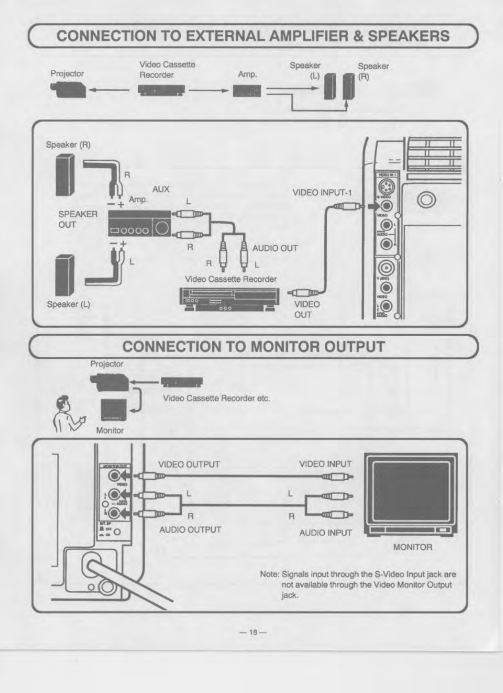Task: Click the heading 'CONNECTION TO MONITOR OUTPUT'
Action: coord(253,346)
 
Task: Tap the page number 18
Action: coord(253,632)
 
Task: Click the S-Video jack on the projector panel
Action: coord(386,188)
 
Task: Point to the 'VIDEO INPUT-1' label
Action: coord(322,193)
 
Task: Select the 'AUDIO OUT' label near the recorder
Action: coord(275,248)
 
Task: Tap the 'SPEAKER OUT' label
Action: coord(78,219)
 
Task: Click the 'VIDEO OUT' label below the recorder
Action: coord(307,309)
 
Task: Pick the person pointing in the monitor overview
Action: coord(66,413)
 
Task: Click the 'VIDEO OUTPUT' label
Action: coord(189,464)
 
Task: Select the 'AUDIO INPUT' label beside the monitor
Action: coord(326,533)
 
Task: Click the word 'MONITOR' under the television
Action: coord(413,547)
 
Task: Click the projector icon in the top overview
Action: coord(68,90)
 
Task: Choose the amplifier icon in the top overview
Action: coord(247,91)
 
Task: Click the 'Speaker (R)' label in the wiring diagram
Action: coord(68,145)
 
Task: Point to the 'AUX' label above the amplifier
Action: coord(161,189)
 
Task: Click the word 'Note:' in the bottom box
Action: coord(270,574)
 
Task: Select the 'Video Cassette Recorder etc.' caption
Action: coord(217,398)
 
